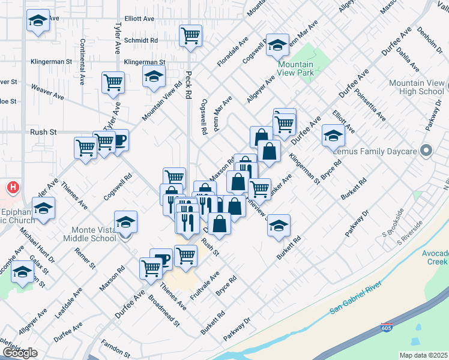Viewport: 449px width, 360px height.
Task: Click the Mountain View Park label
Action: tap(295, 68)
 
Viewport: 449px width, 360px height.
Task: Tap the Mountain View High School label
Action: tap(416, 87)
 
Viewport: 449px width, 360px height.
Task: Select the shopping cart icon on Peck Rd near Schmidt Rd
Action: tap(191, 35)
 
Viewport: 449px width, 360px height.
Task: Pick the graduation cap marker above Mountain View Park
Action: tap(277, 46)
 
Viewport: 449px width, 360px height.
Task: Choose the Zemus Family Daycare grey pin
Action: tap(426, 151)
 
